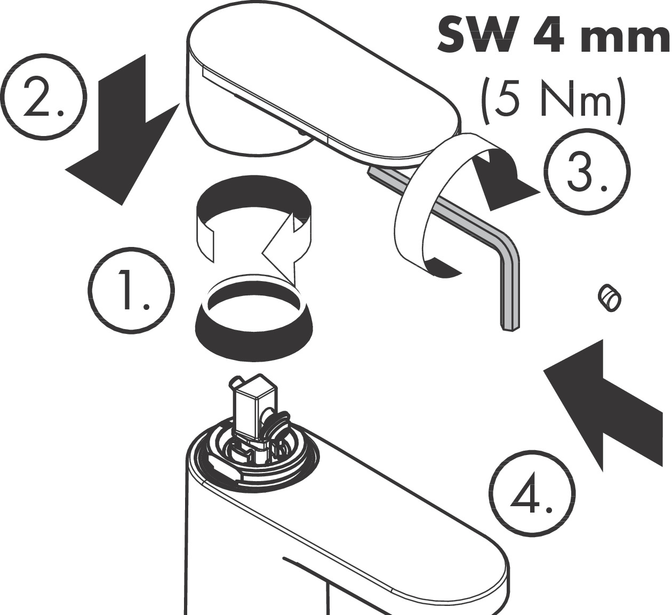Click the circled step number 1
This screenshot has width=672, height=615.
(131, 291)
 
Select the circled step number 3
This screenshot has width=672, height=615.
(587, 173)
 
